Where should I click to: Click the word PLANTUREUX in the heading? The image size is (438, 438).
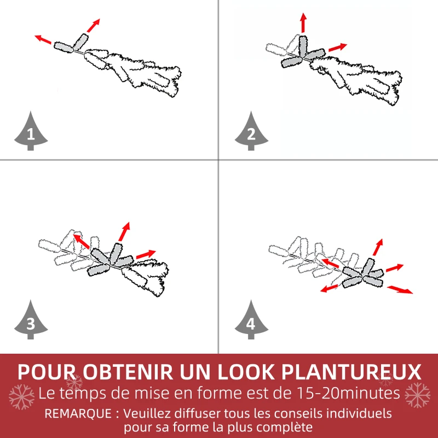[x=351, y=372]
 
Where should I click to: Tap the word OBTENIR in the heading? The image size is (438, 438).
[x=128, y=372]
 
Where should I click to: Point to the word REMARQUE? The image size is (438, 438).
[x=78, y=413]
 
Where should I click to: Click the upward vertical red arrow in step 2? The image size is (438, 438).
[x=303, y=23]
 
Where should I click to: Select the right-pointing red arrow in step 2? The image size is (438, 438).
[x=338, y=47]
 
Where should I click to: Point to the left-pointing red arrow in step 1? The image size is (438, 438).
[x=43, y=39]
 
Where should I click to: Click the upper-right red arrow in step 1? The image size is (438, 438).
[x=93, y=25]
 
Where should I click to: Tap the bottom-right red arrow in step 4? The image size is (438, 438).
[x=400, y=290]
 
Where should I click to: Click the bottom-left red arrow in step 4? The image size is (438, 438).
[x=329, y=289]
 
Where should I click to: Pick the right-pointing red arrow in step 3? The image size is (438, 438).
[x=146, y=254]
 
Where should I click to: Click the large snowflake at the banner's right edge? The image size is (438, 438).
[x=417, y=395]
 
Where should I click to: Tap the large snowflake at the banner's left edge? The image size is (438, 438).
[x=21, y=396]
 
